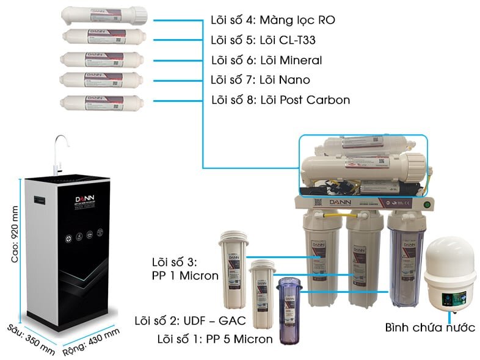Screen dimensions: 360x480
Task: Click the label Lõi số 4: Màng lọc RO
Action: click(x=272, y=20)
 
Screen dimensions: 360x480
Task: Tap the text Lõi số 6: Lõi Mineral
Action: click(x=266, y=60)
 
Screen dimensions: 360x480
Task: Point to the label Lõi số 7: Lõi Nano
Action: click(x=260, y=79)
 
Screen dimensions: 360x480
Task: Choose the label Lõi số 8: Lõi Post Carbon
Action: click(x=280, y=99)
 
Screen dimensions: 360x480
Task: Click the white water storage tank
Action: click(x=451, y=275)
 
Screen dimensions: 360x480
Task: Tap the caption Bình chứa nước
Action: click(x=430, y=327)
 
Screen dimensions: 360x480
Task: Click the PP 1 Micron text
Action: click(x=184, y=276)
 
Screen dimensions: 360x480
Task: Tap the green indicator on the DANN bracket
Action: click(x=428, y=204)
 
